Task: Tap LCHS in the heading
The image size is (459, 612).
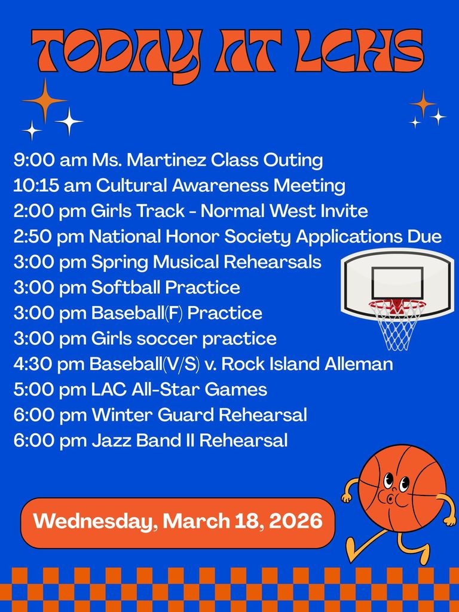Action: (359, 51)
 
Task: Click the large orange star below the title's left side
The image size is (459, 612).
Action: (44, 100)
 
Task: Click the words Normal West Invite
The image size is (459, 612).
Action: (284, 211)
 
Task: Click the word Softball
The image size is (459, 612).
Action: (126, 287)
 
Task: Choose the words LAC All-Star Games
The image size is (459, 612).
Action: (179, 390)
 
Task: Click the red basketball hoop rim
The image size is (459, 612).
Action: (397, 303)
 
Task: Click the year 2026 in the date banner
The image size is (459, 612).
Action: (296, 521)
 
